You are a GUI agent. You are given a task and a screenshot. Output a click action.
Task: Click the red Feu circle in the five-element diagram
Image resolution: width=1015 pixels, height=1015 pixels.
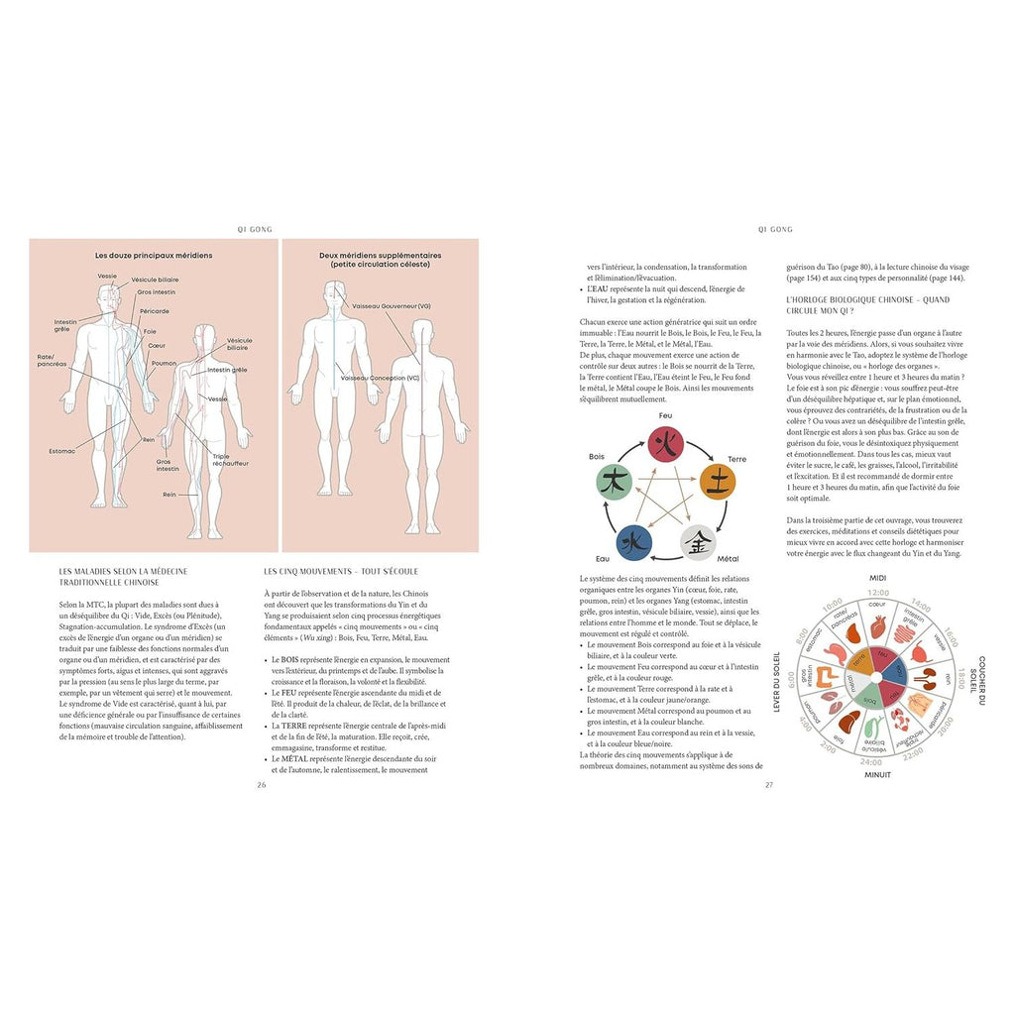click(665, 443)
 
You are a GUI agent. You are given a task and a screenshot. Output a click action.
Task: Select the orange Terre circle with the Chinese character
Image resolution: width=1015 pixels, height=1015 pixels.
click(717, 481)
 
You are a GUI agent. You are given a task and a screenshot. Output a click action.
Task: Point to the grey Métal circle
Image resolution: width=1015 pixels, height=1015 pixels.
click(697, 542)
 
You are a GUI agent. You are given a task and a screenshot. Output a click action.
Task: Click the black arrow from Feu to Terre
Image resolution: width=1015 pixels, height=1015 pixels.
click(697, 454)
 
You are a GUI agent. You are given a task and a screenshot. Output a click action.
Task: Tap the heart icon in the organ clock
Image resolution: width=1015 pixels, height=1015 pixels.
click(876, 626)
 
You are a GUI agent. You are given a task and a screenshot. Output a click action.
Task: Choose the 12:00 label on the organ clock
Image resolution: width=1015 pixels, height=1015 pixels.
click(877, 592)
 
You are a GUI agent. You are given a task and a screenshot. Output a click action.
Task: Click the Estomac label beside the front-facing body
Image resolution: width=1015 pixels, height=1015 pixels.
click(61, 451)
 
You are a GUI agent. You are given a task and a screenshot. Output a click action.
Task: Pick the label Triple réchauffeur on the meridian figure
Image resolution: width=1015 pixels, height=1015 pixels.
click(227, 460)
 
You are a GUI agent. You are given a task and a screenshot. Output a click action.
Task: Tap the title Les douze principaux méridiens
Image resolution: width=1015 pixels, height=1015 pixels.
click(154, 255)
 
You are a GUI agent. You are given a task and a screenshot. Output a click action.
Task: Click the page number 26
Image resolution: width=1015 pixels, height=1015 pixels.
click(261, 784)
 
